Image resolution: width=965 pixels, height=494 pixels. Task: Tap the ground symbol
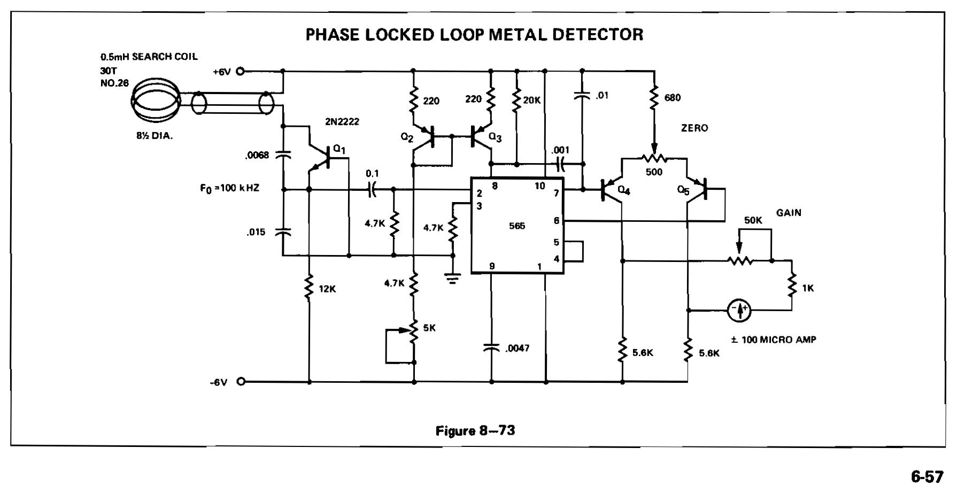point(452,278)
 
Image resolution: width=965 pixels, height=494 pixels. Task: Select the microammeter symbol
point(739,310)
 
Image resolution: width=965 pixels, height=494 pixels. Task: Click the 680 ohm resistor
point(654,97)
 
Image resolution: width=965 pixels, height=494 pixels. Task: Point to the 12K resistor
point(309,288)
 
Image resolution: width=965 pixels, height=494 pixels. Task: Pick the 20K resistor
point(516,100)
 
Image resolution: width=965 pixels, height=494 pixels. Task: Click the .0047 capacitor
point(491,348)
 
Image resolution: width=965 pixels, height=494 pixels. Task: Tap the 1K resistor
point(792,288)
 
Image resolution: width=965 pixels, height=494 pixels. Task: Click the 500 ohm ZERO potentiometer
point(654,158)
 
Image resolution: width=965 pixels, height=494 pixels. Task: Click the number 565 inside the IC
point(517,226)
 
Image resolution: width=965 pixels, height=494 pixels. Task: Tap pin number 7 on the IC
point(556,193)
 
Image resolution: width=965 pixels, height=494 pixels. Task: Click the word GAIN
point(789,213)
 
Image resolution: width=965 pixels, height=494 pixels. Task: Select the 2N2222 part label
point(342,122)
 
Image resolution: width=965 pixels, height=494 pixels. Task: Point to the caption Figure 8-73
point(475,431)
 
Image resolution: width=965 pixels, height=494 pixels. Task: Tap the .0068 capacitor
point(282,155)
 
